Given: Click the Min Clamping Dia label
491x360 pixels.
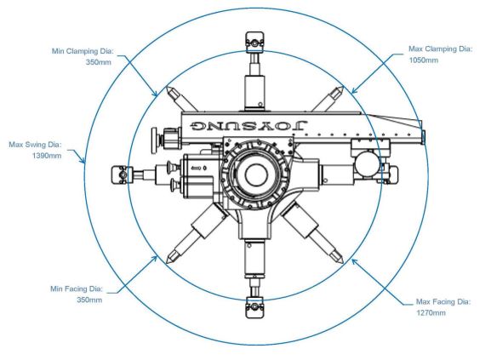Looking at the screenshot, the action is coord(83,51).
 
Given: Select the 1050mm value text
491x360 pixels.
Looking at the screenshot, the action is coord(424,60).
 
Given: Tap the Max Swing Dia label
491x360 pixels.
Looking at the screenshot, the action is coord(35,145).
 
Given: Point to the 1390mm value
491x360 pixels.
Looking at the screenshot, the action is coord(47,156).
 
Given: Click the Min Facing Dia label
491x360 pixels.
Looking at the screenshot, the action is coord(77,289).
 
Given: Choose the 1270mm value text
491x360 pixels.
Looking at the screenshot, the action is coord(431,312).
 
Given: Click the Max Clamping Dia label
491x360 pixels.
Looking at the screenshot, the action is coord(440,49).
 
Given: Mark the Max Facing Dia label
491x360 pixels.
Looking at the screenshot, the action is coord(443,302).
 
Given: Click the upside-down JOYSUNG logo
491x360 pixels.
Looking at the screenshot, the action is coord(249,125).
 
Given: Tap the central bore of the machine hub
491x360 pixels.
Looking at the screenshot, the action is coord(256,175).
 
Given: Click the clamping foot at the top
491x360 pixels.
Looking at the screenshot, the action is coord(254,42).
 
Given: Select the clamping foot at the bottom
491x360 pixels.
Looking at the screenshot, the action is coord(254,307).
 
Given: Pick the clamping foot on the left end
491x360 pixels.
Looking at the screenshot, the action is coord(121,174).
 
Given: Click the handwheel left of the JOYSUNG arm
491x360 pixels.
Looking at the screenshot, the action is coord(154,140).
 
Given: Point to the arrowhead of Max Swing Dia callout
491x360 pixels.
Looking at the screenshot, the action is coord(83,162).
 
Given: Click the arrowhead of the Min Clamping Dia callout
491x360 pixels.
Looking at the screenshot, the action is coord(156,94).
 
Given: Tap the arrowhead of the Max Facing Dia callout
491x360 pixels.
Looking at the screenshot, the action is coord(353,260).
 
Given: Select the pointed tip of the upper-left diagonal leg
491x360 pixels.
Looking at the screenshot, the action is coord(166,87).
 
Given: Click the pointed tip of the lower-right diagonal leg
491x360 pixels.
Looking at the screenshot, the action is coord(343,262).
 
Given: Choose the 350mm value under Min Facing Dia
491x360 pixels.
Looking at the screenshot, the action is coord(89,300).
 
